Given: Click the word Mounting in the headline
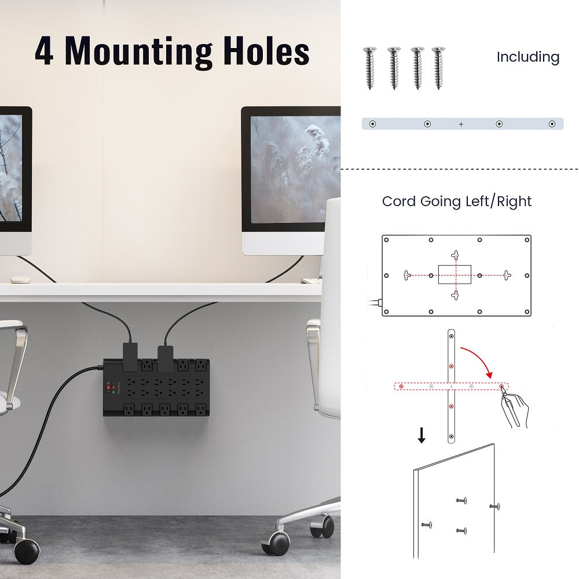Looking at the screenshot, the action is (139, 52).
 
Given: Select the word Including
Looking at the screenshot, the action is (528, 57).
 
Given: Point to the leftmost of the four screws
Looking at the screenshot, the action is (369, 68).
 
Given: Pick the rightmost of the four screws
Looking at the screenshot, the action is (438, 68).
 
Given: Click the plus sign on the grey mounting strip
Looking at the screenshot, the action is (461, 124).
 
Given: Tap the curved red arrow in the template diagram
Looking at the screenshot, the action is (480, 356).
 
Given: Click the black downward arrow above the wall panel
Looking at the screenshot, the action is (422, 435).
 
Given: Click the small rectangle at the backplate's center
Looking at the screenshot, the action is (455, 274).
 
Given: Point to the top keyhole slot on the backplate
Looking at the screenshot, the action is (455, 255).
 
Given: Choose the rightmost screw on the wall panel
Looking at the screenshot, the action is (495, 506).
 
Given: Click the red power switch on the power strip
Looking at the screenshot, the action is (109, 387).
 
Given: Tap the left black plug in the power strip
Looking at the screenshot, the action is (130, 357).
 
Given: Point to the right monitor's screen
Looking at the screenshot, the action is (296, 170).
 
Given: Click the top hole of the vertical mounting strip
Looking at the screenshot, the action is (451, 336).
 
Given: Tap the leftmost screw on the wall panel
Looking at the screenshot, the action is (427, 525).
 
